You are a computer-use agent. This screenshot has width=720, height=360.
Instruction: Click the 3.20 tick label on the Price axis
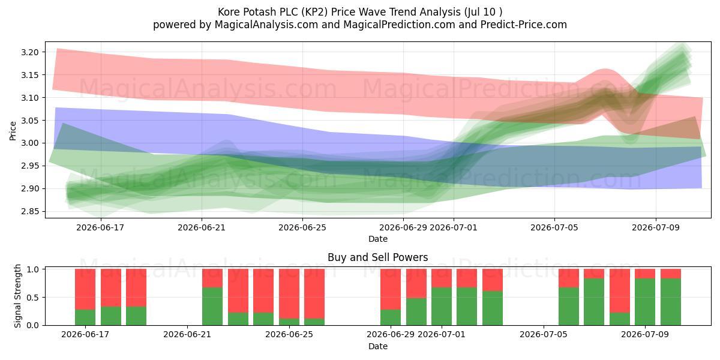coord(30,52)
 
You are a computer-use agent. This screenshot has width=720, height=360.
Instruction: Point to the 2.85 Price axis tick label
coord(30,211)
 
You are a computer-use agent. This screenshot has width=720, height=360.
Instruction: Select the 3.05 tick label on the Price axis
coord(30,121)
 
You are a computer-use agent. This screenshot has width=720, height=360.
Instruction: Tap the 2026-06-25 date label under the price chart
coord(302,227)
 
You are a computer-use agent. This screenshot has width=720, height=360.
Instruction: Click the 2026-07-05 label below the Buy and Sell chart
coord(544,334)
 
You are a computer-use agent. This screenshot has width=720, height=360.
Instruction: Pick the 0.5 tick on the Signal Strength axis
coord(33,298)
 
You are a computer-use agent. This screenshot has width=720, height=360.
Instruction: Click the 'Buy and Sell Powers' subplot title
coord(377,257)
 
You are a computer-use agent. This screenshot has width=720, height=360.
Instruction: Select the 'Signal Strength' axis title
coord(17,296)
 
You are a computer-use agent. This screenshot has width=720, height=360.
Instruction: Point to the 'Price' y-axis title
coord(13,131)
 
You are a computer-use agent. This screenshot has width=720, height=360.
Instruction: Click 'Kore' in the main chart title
coord(229,12)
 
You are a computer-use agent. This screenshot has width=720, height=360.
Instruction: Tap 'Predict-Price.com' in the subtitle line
coord(524,25)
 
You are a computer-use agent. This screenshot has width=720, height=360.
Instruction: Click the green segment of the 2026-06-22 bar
coord(212,307)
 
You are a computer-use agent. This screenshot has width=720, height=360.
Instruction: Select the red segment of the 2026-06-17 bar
coord(85,289)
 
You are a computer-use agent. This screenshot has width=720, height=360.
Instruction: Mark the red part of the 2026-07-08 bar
coord(620,290)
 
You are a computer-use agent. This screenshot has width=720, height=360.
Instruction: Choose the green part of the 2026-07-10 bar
coord(671,302)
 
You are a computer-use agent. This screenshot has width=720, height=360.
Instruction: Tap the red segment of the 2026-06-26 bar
coord(314,294)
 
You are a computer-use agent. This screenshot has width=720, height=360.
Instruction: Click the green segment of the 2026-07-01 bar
coord(442,307)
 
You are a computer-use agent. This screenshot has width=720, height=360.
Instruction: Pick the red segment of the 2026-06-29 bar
coord(391,289)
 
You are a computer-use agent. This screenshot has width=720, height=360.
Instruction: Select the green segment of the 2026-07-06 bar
coord(569,307)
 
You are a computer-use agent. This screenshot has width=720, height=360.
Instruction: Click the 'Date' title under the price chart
coord(377,239)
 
